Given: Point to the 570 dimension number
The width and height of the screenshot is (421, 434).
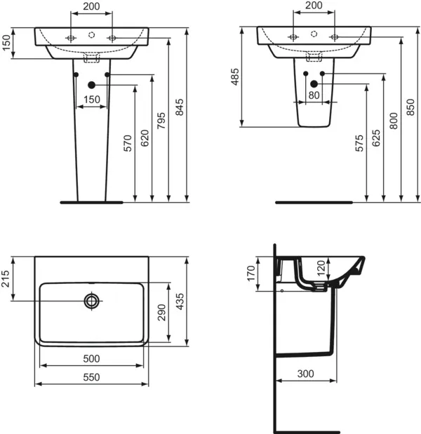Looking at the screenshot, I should pyautogui.click(x=128, y=143).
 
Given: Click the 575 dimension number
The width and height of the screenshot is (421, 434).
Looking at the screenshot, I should pyautogui.click(x=359, y=143).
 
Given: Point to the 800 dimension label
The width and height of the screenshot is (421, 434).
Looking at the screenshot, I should pyautogui.click(x=394, y=120).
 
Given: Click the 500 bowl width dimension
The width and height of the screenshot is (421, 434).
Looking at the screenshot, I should pyautogui.click(x=91, y=358).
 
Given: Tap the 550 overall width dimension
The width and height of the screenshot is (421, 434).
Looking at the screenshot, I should pyautogui.click(x=91, y=377).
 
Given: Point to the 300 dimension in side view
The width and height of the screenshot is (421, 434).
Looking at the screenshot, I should pyautogui.click(x=304, y=374).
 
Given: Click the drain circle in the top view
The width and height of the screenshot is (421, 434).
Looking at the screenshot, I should pyautogui.click(x=91, y=301).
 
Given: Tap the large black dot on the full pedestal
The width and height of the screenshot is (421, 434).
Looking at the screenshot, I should pyautogui.click(x=91, y=86).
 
